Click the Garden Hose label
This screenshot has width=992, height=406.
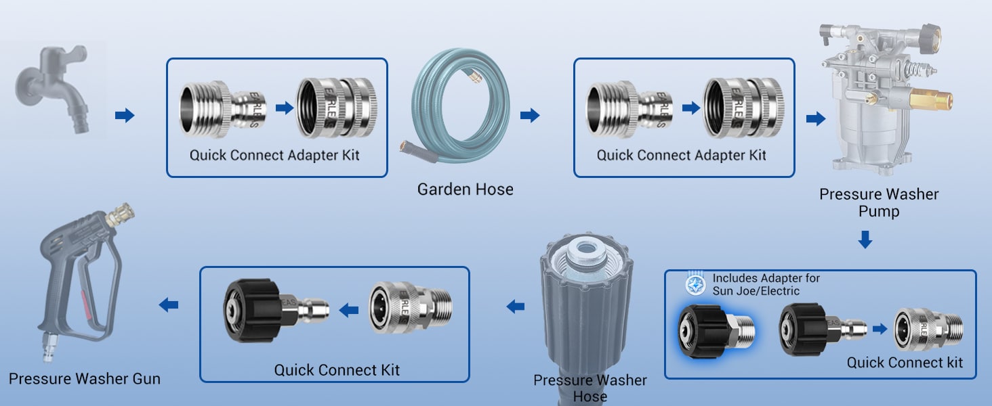pyautogui.click(x=465, y=189)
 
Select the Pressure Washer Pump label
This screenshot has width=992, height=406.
pyautogui.click(x=879, y=202)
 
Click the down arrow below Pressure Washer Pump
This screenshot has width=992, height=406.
pyautogui.click(x=865, y=240)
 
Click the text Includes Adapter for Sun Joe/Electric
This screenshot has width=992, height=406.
pyautogui.click(x=766, y=284)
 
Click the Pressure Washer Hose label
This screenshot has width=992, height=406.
pyautogui.click(x=590, y=388)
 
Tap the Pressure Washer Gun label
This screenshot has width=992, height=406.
pyautogui.click(x=85, y=378)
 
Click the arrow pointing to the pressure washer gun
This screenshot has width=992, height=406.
pyautogui.click(x=169, y=306)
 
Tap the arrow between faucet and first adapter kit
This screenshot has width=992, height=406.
pyautogui.click(x=125, y=116)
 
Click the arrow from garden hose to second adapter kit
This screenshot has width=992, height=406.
pyautogui.click(x=530, y=116)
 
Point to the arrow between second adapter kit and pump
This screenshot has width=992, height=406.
pyautogui.click(x=816, y=119)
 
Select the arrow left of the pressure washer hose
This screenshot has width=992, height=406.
pyautogui.click(x=516, y=307)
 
